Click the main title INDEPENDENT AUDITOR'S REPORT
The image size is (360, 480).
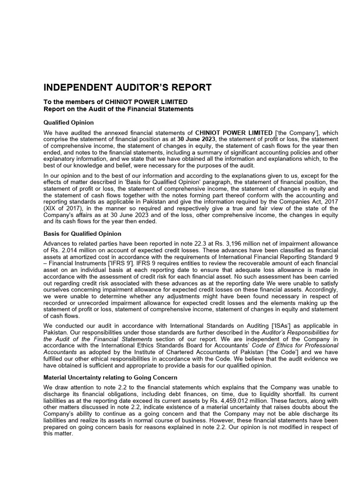127,88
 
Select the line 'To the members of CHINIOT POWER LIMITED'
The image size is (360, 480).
115,102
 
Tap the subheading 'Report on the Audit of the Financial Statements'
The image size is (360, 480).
118,109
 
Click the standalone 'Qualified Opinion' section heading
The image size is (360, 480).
68,122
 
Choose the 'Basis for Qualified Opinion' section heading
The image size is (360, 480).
82,233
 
